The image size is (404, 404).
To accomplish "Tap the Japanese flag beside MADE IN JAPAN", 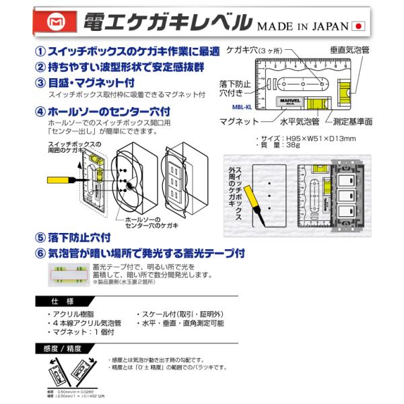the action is click(359, 26).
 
